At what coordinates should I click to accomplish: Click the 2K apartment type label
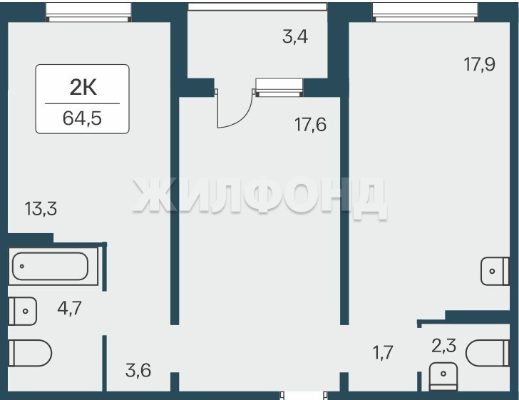tap(83, 88)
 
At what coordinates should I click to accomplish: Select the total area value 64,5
tap(82, 118)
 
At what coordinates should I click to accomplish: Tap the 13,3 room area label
tap(41, 209)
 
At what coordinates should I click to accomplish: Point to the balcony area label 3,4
tap(295, 37)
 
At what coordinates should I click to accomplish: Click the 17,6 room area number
tap(311, 125)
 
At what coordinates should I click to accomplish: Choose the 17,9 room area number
tap(479, 64)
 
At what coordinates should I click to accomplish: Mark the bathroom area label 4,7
tap(69, 308)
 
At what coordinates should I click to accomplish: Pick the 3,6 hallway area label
tap(138, 370)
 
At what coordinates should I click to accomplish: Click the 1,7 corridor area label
tap(383, 352)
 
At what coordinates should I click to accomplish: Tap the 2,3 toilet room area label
tap(444, 346)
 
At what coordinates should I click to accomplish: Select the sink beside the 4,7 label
tap(23, 312)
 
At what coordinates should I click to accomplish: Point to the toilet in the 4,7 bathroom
tap(30, 353)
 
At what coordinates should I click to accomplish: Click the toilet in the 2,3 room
tap(487, 353)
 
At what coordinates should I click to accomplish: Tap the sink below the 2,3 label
tap(443, 376)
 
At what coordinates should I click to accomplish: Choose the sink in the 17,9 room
tap(495, 271)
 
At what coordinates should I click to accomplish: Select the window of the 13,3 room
tap(88, 12)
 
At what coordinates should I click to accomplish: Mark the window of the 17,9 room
tap(426, 12)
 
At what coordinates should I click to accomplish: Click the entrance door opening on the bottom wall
tap(304, 395)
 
